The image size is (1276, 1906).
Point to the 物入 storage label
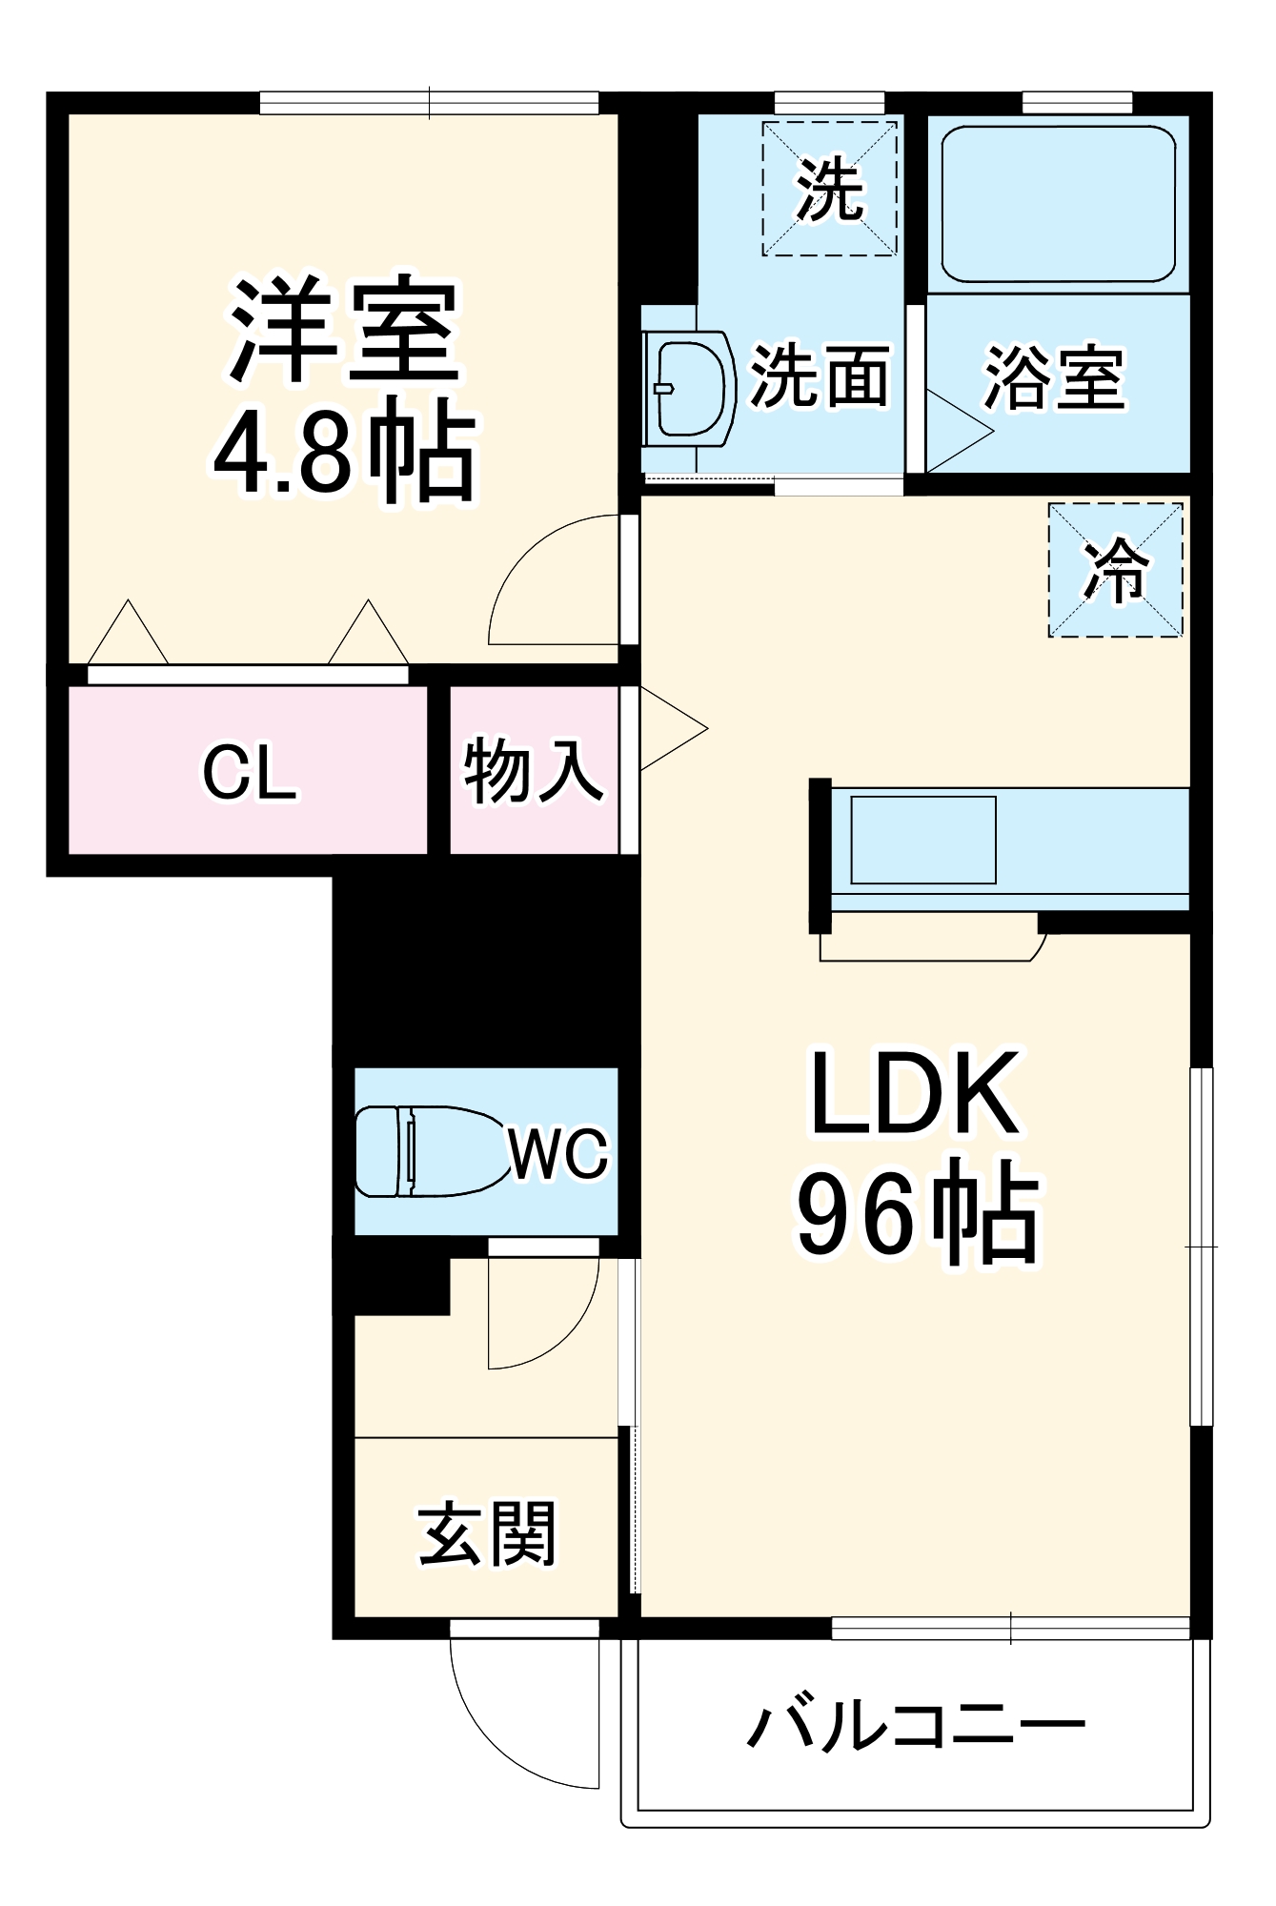pos(534,770)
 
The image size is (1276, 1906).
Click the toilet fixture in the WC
pos(429,1151)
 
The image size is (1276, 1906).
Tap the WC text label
pos(558,1154)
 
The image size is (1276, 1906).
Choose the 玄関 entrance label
pos(487,1534)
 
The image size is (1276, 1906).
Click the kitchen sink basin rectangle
pos(922,840)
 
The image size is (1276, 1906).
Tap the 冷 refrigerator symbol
pos(1115,570)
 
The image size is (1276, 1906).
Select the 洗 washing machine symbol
pos(829,189)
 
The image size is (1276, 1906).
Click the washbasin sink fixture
pos(688,389)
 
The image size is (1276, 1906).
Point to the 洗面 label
pos(820,375)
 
